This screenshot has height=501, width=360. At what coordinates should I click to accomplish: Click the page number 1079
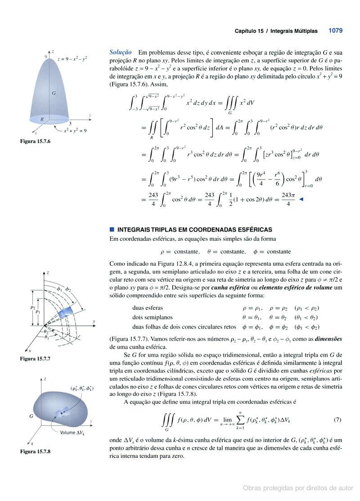[x=335, y=31]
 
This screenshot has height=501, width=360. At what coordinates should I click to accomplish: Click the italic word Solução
[x=121, y=52]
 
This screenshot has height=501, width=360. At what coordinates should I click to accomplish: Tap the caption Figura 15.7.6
[x=36, y=141]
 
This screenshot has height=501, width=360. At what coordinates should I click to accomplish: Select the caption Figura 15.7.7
[x=35, y=358]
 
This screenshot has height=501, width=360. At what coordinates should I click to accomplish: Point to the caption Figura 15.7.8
[x=35, y=451]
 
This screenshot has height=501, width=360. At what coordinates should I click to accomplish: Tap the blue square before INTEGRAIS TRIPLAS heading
[x=112, y=229]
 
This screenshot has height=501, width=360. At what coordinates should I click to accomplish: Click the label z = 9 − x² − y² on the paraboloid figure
[x=72, y=59]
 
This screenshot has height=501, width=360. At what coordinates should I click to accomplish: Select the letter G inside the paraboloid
[x=54, y=93]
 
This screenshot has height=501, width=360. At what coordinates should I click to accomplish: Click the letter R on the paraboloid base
[x=42, y=119]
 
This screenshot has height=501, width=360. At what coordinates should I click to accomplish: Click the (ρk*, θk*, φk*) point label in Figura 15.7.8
[x=82, y=388]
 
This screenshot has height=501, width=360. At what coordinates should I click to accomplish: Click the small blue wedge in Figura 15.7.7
[x=67, y=310]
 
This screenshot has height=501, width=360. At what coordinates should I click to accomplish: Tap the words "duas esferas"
[x=148, y=308]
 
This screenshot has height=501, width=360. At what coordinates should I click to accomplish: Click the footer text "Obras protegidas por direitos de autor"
[x=298, y=488]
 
